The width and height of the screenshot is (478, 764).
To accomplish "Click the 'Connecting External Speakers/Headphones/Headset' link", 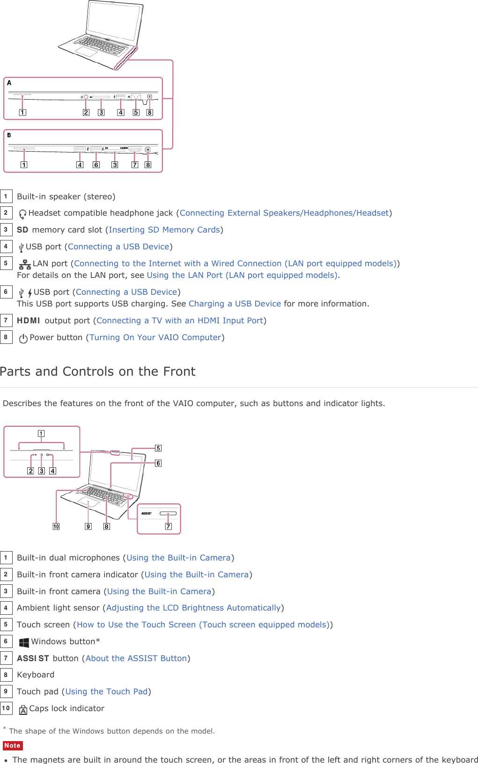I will pyautogui.click(x=284, y=213).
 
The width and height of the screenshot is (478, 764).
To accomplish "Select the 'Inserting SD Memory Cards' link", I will pyautogui.click(x=164, y=230).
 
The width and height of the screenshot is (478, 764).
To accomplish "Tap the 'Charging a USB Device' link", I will pyautogui.click(x=235, y=304).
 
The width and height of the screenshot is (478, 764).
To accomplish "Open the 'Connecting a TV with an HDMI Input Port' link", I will pyautogui.click(x=180, y=321).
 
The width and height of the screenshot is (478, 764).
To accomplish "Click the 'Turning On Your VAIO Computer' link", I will pyautogui.click(x=155, y=338).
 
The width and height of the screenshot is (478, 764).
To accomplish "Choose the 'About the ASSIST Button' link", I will pyautogui.click(x=136, y=659).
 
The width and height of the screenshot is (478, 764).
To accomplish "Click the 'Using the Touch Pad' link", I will pyautogui.click(x=106, y=692).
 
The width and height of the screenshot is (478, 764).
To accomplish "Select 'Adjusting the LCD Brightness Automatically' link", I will pyautogui.click(x=193, y=608).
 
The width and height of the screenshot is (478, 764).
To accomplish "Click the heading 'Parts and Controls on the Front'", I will pyautogui.click(x=98, y=371).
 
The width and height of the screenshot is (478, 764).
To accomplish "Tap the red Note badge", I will pyautogui.click(x=13, y=746).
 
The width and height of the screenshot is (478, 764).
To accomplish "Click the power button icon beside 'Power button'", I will pyautogui.click(x=23, y=338).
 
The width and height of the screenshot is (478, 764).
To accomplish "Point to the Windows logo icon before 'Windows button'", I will pyautogui.click(x=24, y=642).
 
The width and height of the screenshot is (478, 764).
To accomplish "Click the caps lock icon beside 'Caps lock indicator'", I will pyautogui.click(x=23, y=710).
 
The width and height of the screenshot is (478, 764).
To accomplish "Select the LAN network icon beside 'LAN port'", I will pyautogui.click(x=25, y=264).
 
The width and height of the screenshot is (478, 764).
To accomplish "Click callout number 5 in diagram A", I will pyautogui.click(x=136, y=112).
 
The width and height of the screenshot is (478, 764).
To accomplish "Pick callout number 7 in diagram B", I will pyautogui.click(x=135, y=165).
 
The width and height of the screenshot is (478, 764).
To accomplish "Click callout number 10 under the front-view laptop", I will pyautogui.click(x=56, y=526).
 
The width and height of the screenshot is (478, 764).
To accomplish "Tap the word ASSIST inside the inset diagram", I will pyautogui.click(x=147, y=514).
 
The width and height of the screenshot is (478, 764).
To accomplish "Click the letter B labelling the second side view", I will pyautogui.click(x=9, y=135).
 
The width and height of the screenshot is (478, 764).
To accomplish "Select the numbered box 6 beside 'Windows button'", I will pyautogui.click(x=6, y=641).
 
